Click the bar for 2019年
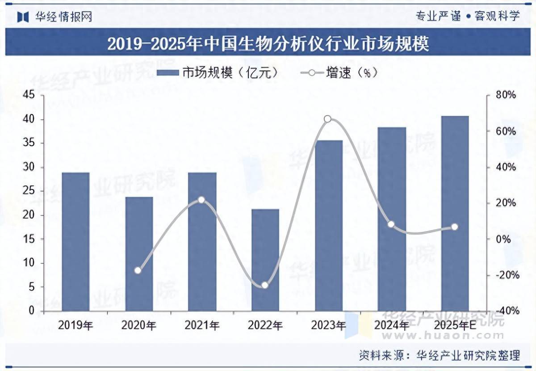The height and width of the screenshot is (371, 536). (x=75, y=241)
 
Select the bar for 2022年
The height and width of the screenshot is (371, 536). (x=265, y=260)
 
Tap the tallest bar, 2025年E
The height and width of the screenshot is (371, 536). (x=455, y=213)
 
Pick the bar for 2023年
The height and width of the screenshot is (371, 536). (x=328, y=225)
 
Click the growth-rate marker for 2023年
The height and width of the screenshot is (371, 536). (x=328, y=119)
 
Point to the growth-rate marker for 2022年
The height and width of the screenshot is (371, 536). (x=265, y=285)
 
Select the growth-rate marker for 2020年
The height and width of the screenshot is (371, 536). (x=138, y=270)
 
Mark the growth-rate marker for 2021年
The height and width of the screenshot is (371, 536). (x=201, y=200)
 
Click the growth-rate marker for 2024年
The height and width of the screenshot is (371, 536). (x=391, y=224)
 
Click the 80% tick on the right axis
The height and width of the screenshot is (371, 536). (x=506, y=95)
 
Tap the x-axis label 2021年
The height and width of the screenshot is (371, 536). (x=202, y=326)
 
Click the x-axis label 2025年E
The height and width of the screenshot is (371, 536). (x=455, y=326)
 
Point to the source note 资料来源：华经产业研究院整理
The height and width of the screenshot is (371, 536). (x=440, y=356)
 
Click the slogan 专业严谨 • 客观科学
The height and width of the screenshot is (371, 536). (x=468, y=17)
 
